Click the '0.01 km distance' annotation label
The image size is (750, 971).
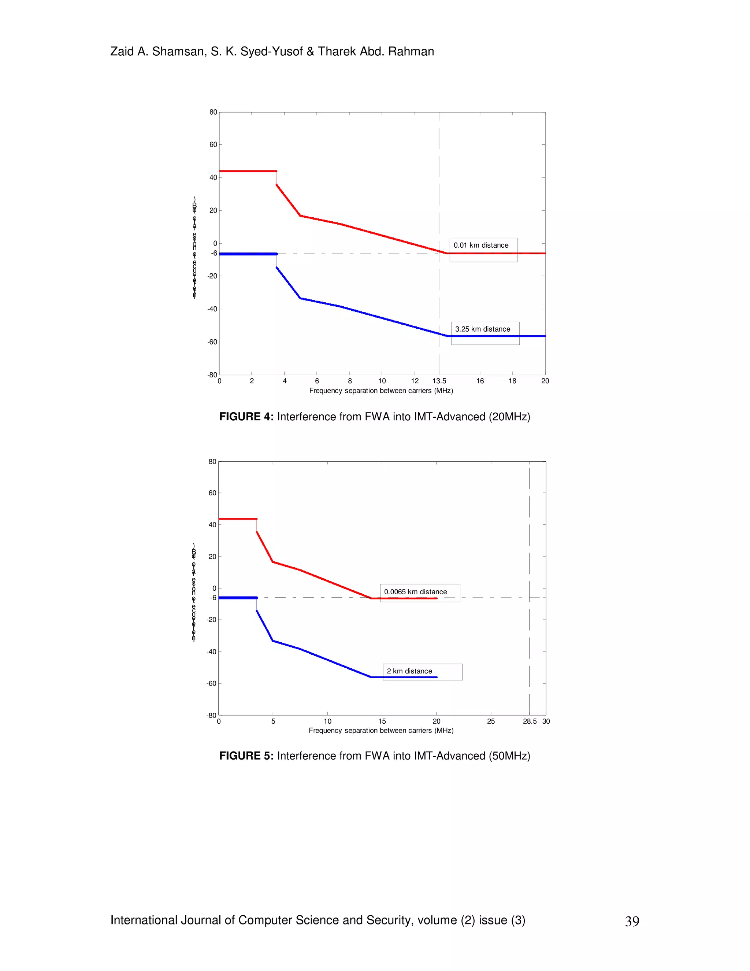(x=481, y=245)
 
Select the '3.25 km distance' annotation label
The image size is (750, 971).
(x=483, y=329)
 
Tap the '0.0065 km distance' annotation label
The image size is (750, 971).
(x=415, y=592)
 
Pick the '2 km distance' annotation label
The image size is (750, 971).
(x=409, y=671)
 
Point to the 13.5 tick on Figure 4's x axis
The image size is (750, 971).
(x=439, y=381)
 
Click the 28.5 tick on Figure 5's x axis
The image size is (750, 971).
(x=530, y=721)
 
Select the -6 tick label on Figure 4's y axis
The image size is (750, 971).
(x=214, y=254)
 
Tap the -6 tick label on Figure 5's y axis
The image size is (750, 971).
(x=213, y=598)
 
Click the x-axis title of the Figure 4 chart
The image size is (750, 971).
(x=381, y=391)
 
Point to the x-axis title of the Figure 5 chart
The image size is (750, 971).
(x=381, y=731)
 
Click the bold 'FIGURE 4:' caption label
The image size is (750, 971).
(x=246, y=417)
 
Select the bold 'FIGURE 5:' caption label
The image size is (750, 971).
(x=246, y=756)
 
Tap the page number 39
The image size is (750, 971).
(x=632, y=921)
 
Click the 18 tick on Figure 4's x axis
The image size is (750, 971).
(x=512, y=381)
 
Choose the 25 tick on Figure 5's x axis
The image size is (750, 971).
(x=490, y=721)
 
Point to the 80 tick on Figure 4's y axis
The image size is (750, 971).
(x=213, y=112)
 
